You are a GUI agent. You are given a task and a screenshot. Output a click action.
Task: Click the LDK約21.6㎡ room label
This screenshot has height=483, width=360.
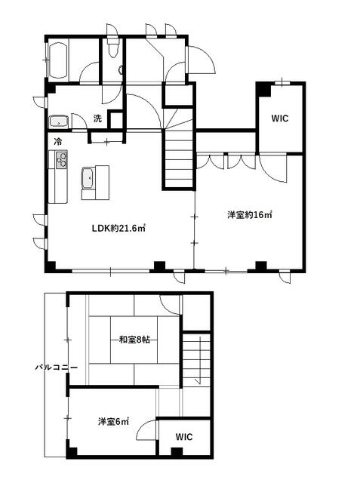point(118,228)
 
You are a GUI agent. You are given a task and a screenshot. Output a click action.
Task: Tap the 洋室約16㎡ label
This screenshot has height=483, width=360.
point(250,214)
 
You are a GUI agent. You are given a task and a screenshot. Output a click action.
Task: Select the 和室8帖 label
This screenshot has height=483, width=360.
point(134,340)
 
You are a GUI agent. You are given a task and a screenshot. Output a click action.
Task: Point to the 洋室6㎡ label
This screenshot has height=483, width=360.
point(113,421)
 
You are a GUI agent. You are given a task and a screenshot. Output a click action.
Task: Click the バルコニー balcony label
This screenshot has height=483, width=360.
point(56,368)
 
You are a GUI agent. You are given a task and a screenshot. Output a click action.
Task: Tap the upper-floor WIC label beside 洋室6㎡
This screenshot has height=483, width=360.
point(184,436)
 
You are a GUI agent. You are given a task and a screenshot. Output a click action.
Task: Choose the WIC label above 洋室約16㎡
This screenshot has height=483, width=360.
point(280,118)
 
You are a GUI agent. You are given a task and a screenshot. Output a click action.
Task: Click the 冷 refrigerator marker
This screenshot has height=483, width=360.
point(57,142)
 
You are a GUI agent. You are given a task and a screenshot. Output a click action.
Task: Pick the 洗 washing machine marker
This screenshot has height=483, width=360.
point(97,118)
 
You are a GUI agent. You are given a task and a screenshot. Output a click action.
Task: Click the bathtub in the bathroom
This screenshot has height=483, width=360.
point(58,60)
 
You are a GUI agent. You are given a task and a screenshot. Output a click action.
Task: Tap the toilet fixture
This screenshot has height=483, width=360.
point(112,47)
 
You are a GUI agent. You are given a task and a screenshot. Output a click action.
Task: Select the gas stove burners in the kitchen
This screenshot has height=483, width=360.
point(61,159)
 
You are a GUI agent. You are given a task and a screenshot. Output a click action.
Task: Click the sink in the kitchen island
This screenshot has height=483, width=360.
point(88,178)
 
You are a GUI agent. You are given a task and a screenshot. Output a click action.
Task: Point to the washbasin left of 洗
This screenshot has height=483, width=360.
point(59,121)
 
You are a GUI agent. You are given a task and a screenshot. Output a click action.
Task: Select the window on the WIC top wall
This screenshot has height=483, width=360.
point(283,82)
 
